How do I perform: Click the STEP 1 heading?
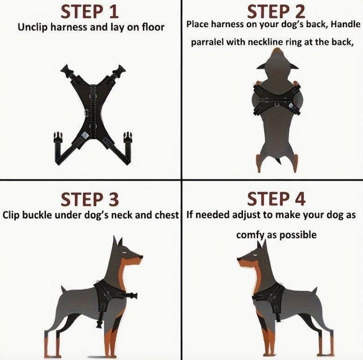90,12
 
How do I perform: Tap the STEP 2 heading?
276,12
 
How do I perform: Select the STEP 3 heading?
90,199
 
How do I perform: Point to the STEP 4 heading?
276,199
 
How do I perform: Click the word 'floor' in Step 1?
153,27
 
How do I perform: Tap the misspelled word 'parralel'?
207,42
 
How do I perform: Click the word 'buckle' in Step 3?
39,215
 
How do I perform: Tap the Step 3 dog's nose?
140,257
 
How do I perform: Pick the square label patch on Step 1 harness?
85,135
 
